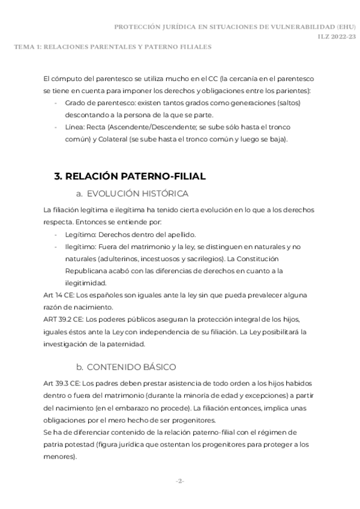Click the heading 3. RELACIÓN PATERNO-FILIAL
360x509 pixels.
pos(130,176)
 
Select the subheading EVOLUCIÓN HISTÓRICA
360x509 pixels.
pos(137,193)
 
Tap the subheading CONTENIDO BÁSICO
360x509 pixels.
pos(132,367)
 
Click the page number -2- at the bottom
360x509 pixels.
pos(179,481)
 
